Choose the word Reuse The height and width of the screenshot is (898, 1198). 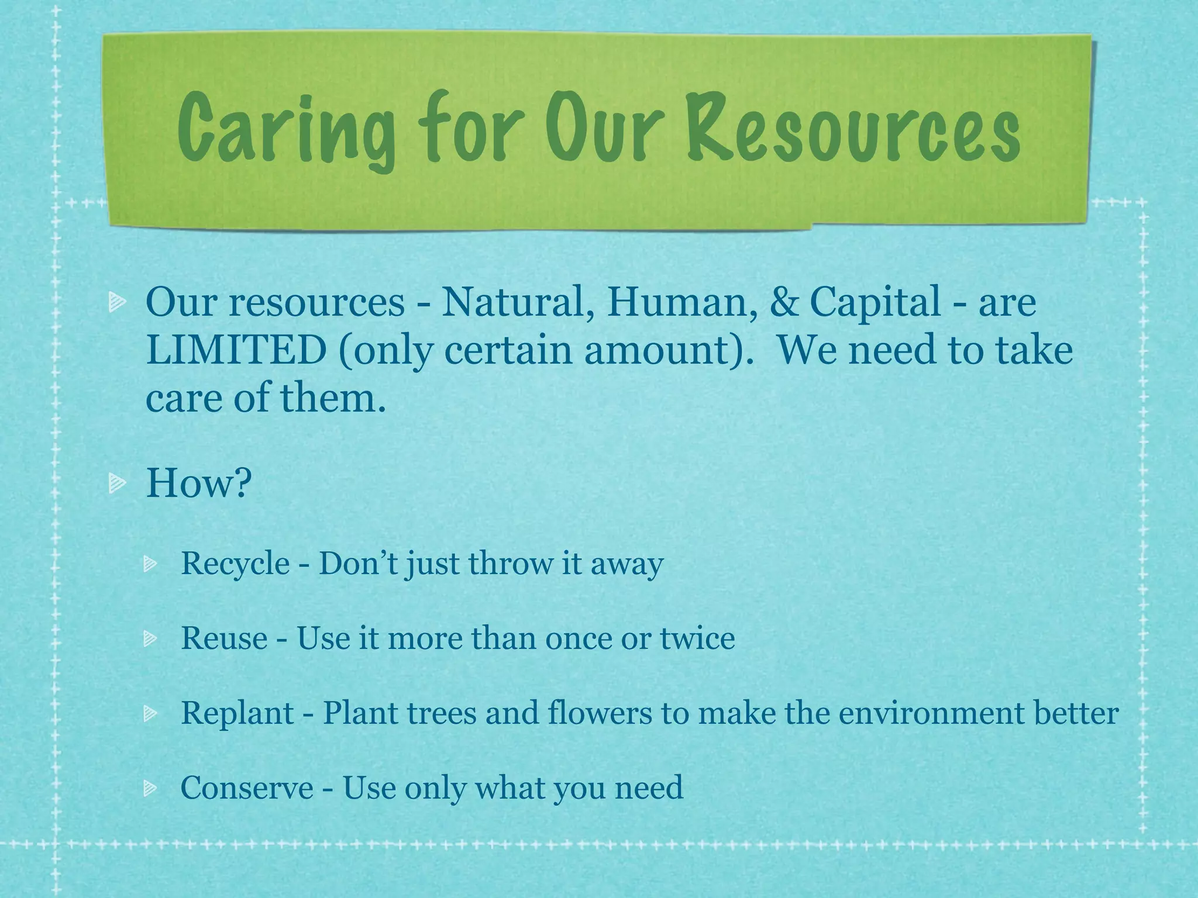tap(224, 638)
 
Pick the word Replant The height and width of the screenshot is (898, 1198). tap(237, 713)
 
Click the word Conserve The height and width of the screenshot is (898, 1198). tap(247, 788)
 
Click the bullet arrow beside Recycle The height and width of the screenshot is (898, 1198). tap(150, 565)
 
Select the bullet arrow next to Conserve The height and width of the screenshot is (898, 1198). tap(150, 789)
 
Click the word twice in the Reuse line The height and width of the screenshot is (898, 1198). tap(697, 638)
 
